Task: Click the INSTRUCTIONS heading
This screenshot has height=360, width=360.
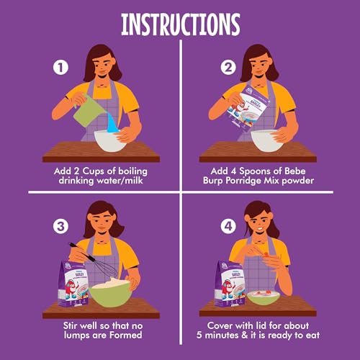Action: point(181,24)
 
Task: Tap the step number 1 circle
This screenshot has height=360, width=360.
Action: point(60,68)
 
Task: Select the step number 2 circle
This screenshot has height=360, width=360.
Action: point(228,68)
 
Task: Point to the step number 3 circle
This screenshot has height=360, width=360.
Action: point(60,226)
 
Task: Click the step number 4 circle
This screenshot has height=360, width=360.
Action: point(228,226)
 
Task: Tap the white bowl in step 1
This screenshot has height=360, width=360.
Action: point(109,141)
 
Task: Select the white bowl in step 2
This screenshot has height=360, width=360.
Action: point(266,140)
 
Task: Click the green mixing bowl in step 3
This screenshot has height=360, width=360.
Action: point(111,293)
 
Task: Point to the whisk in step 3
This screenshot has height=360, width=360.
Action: point(95,261)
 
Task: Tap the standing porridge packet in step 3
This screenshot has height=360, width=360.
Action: point(73,285)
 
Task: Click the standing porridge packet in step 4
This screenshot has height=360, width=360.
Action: point(230,284)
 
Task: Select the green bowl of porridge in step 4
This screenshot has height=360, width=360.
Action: point(264,297)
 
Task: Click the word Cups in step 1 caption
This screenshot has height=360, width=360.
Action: point(94,171)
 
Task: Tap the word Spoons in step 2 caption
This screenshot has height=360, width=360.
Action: point(255,171)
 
